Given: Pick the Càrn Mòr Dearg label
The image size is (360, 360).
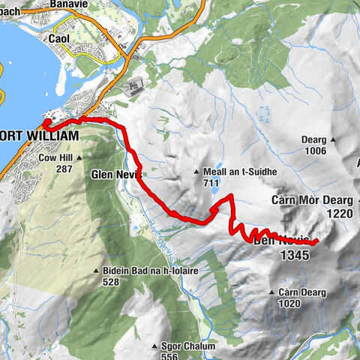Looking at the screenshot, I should pos(311,201).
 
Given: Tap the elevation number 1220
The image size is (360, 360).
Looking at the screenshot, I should pos(339,213).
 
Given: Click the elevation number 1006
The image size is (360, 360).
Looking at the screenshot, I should pos(316,151).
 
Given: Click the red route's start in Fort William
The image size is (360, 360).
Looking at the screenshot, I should pos(46,124).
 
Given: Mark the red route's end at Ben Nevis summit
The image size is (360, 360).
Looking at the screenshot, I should pos(317,241).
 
